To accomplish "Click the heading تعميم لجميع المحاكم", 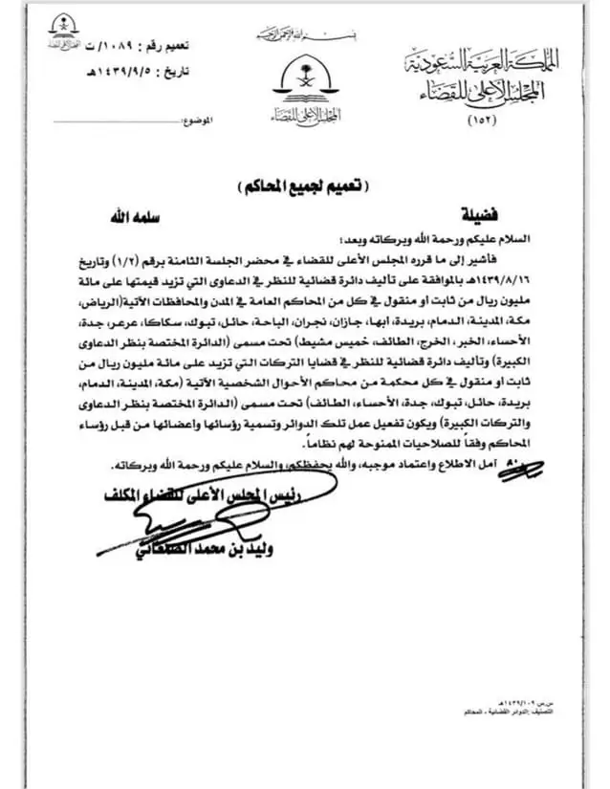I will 306,183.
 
